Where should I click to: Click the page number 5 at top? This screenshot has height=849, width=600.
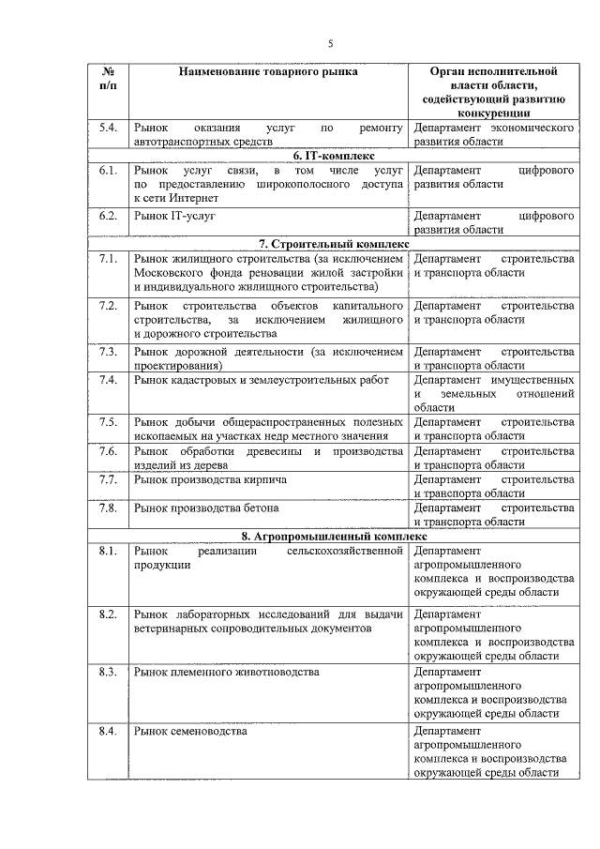330,43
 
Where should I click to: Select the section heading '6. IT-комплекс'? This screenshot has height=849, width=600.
333,156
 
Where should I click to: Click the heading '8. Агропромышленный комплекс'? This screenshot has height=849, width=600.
333,536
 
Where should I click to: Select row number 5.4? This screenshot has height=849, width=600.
108,127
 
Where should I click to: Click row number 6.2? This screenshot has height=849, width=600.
108,215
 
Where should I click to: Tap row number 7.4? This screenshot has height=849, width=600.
108,379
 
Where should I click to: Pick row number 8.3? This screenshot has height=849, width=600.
108,673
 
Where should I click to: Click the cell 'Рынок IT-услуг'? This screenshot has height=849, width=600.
174,215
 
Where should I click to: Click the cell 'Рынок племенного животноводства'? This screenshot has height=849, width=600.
226,673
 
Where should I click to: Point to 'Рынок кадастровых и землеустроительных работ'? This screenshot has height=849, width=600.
255,379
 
